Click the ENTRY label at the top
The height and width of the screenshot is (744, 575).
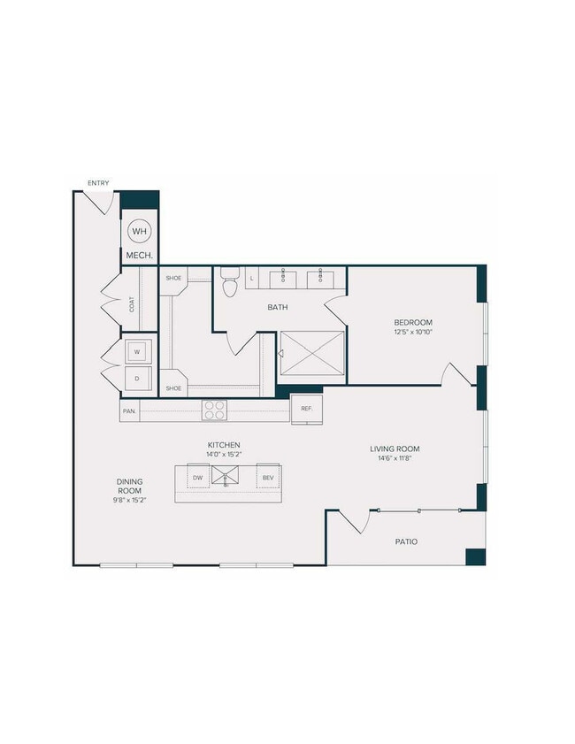click(98, 183)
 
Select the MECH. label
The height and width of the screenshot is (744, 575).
click(140, 256)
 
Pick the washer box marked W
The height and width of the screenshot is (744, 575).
click(137, 351)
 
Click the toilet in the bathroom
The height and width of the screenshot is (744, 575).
click(229, 283)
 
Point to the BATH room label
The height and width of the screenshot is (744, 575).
click(280, 308)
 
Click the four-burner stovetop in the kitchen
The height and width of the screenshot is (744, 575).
click(215, 410)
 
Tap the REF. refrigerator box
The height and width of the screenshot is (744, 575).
click(307, 408)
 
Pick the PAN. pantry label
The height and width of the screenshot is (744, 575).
click(129, 410)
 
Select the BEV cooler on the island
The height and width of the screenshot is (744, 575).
click(266, 479)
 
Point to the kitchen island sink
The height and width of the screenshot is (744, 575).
click(226, 479)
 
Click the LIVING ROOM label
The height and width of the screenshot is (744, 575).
click(395, 449)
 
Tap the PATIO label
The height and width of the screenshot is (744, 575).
click(406, 541)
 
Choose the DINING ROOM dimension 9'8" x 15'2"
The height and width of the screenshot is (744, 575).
click(130, 502)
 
